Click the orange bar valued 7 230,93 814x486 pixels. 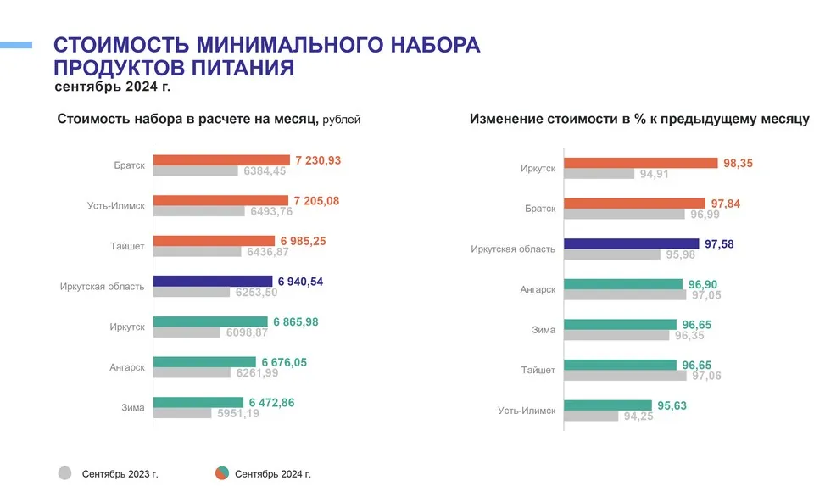pos(220,160)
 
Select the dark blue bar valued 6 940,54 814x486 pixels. pos(212,282)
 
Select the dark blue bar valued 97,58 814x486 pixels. pos(631,243)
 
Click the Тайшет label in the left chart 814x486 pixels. pos(128,246)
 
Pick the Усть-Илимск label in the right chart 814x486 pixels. pos(527,411)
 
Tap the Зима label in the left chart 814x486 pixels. pos(133,408)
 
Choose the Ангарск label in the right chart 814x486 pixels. pos(538,289)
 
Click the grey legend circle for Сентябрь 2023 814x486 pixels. pos(64,473)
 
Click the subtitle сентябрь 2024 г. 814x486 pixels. pos(113,87)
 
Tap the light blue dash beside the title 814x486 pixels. pos(16,44)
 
